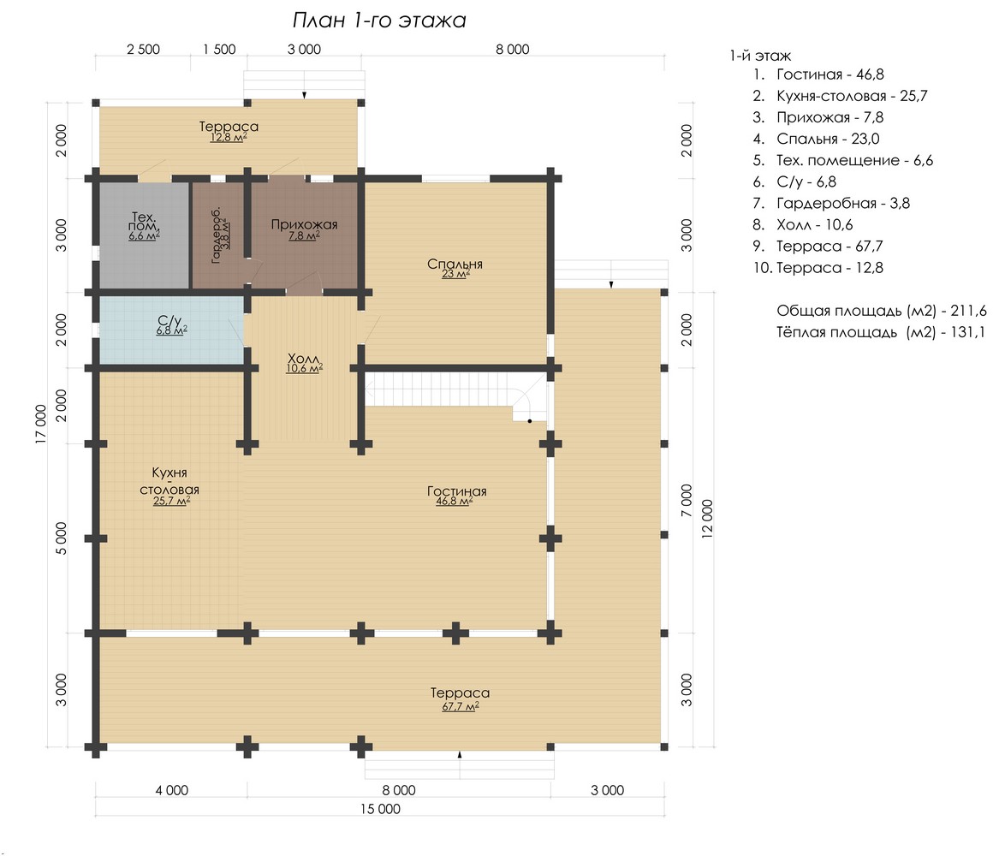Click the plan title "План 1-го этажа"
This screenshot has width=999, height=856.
[379, 21]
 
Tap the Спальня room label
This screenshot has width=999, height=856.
[455, 264]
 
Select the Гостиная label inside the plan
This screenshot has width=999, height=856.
[457, 491]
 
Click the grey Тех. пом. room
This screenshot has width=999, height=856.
[143, 235]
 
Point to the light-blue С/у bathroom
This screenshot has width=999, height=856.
[170, 330]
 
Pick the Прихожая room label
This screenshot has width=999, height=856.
[304, 224]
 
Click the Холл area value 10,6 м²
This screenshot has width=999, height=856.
[304, 369]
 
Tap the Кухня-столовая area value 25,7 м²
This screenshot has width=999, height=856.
[171, 502]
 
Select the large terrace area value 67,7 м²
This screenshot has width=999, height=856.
[460, 707]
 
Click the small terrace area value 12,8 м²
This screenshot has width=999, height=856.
[229, 138]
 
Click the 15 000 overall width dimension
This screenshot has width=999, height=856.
[380, 809]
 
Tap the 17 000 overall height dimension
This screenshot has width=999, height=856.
[41, 425]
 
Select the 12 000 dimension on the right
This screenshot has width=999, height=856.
[707, 519]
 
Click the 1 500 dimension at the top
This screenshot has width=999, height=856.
[219, 49]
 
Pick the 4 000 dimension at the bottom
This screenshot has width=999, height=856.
[171, 790]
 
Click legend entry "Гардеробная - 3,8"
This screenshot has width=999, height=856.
[831, 203]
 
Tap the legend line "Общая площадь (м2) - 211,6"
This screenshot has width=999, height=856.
[881, 311]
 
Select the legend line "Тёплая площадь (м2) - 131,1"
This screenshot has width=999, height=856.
[881, 332]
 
